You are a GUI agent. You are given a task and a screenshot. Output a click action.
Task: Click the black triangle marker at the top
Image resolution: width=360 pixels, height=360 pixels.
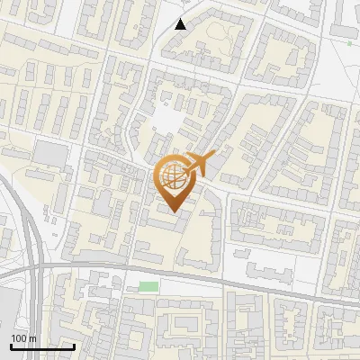(181, 23)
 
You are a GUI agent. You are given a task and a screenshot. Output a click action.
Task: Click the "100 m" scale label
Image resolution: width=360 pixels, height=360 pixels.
(23, 338)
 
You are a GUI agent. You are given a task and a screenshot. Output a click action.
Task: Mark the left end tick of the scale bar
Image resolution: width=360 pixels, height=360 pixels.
(11, 345)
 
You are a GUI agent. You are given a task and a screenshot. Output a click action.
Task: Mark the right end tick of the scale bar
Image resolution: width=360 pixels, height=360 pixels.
(74, 345)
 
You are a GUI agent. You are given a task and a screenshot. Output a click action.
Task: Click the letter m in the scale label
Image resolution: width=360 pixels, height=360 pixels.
(32, 338)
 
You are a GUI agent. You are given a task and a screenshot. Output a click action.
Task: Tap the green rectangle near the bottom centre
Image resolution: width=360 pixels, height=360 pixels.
(148, 286)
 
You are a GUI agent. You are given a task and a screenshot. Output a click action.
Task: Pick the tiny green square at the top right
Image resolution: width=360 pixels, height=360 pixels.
(349, 42)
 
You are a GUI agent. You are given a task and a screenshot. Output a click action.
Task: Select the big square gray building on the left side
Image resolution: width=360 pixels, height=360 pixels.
(52, 155)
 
